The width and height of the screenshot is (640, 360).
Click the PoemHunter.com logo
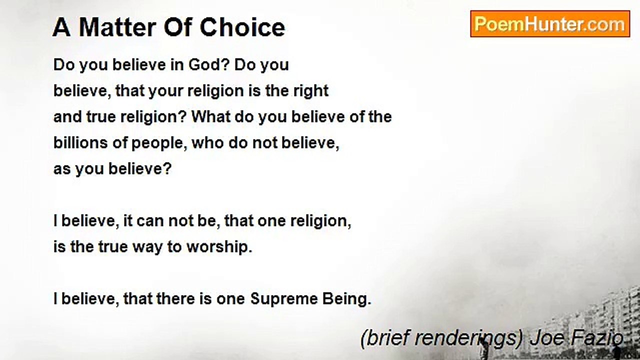550,24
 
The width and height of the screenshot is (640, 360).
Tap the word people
159,143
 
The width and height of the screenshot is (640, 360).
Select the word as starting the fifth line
62,169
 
